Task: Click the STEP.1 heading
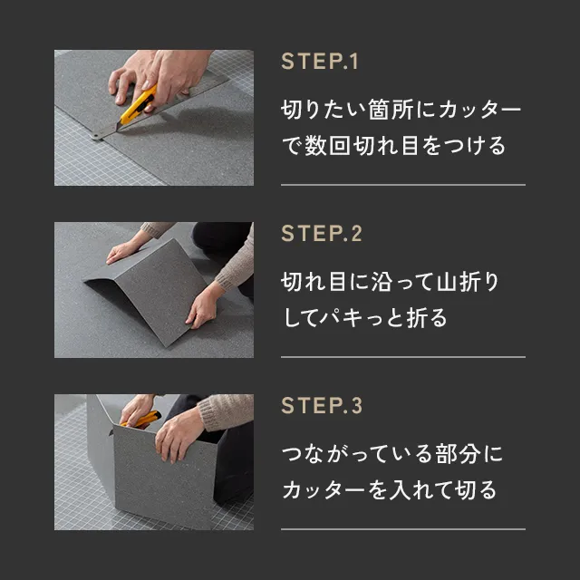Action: tap(320, 62)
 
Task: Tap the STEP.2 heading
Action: tap(322, 234)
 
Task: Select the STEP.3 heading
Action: tap(322, 406)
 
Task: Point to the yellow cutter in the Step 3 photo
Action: tap(142, 419)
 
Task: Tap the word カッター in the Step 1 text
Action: tap(479, 110)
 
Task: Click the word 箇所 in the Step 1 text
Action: tap(391, 110)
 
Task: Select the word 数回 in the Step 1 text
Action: tap(327, 145)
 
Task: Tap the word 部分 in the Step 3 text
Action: tap(458, 454)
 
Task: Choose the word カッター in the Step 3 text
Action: tap(324, 489)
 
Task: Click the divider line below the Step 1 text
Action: tap(403, 185)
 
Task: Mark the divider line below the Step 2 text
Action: tap(403, 357)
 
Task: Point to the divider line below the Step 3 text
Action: tap(403, 529)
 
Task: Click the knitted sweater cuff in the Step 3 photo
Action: tap(210, 413)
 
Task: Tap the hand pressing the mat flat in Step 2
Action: tap(121, 252)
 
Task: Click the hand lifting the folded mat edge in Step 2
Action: tap(203, 307)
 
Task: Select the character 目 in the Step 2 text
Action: tap(337, 282)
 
